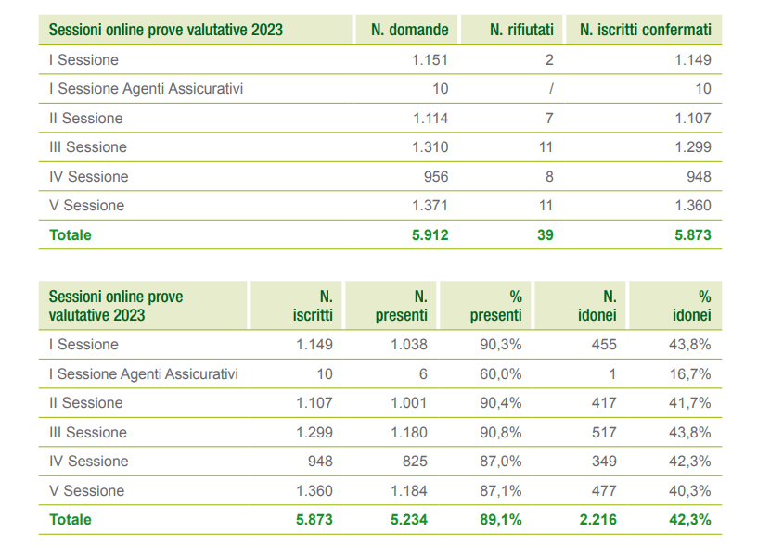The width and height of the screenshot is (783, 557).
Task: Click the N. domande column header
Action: coord(409,30)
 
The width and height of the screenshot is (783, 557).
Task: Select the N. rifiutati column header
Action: coord(521,30)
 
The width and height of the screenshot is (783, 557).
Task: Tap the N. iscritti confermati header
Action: coord(645,30)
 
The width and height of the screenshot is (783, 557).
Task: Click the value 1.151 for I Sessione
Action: coord(430,60)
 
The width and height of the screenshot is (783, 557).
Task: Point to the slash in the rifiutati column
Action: coord(551,89)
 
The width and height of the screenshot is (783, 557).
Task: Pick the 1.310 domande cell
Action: coord(430,147)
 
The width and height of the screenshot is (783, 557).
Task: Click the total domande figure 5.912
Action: coord(430,235)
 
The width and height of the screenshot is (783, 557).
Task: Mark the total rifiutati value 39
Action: coord(545,235)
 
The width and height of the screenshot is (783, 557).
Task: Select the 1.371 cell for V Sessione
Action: coord(430,206)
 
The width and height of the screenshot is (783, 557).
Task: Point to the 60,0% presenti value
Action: coord(503,374)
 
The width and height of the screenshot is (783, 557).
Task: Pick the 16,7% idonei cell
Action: coord(691,374)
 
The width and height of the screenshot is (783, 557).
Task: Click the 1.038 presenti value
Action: coord(407,345)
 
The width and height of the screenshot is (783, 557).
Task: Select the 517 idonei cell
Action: coord(605,433)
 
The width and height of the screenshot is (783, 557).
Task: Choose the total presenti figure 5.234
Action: coord(407,520)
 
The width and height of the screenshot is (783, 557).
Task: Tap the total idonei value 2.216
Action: coord(598,520)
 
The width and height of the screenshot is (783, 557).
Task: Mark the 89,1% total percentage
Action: coord(502,520)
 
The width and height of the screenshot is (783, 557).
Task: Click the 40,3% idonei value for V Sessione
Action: coord(691,491)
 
